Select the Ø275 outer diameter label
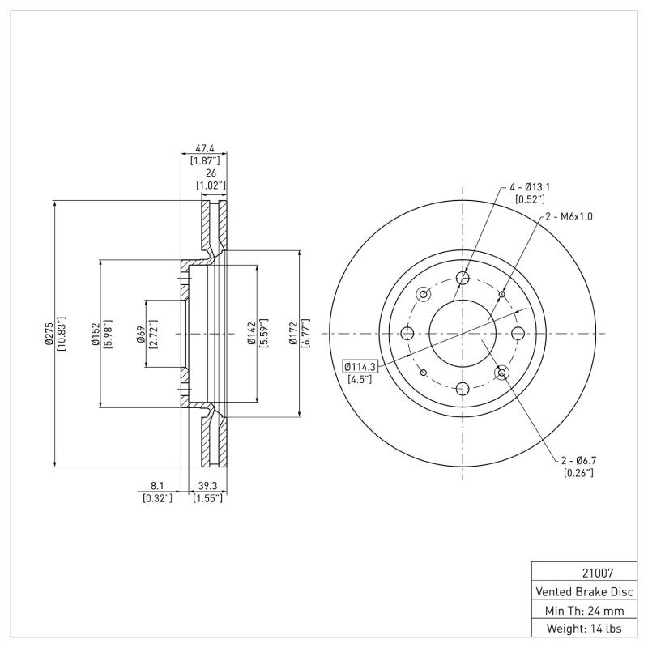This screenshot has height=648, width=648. click(x=49, y=333)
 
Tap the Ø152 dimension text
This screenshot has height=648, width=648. click(x=96, y=333)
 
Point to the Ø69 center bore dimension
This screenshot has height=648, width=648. click(x=141, y=333)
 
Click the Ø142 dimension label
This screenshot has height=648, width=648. click(x=252, y=333)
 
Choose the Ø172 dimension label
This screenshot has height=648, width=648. click(x=295, y=333)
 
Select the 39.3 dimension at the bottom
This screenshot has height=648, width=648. click(x=207, y=487)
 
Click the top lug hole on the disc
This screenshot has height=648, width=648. click(x=463, y=279)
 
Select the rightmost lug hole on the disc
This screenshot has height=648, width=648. click(x=518, y=333)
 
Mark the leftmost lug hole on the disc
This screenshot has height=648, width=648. click(x=407, y=333)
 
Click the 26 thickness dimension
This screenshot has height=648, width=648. click(x=211, y=173)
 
